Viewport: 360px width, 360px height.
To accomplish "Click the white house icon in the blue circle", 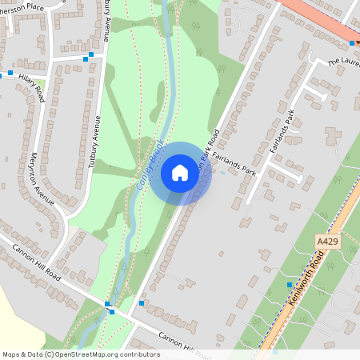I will pos(180,173).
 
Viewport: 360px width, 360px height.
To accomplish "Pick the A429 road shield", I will pos(326,241).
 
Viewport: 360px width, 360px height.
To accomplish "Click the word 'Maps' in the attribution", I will pos(12,354).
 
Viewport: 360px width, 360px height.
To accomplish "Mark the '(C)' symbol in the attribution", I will pos(50,354).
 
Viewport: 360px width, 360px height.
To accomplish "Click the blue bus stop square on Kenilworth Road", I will pos(290,285).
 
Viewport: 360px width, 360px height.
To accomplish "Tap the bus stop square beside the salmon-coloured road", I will pos(352,43).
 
